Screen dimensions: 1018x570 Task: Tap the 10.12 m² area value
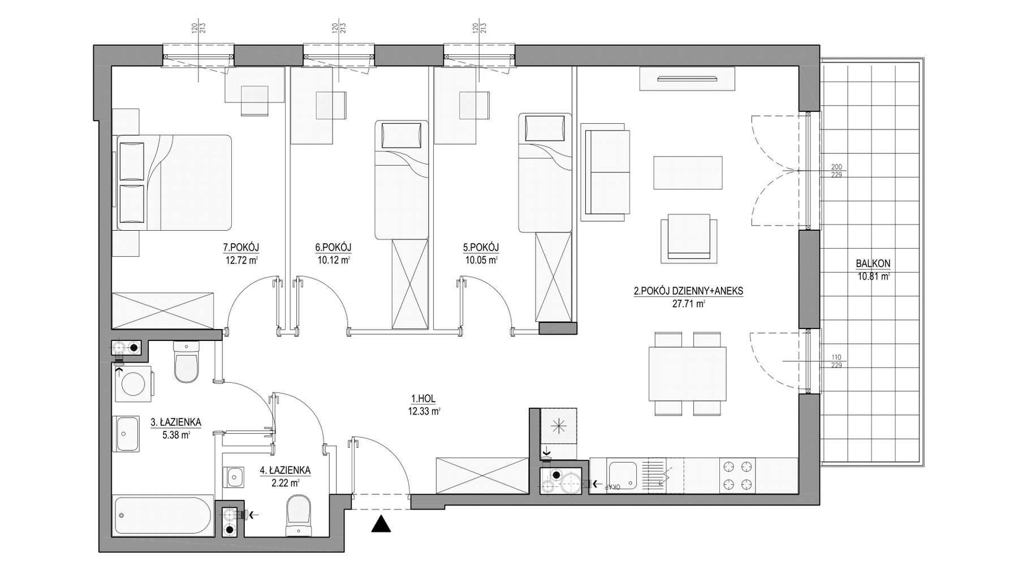coord(334,261)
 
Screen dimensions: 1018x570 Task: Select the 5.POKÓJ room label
coord(481,247)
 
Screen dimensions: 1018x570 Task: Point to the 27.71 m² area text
coord(688,304)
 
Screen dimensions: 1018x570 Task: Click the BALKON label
coord(873,264)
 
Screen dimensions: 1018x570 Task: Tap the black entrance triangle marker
coord(382,525)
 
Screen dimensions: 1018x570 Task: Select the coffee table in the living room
coord(688,172)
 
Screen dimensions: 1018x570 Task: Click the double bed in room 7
coord(174,182)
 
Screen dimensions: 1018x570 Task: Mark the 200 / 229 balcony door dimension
coord(836,171)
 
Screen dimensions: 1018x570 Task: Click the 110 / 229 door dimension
coord(836,361)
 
